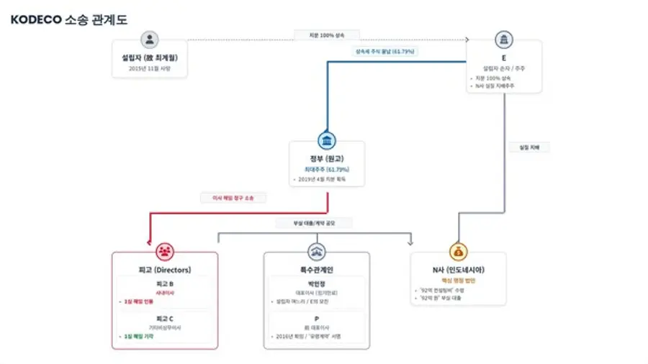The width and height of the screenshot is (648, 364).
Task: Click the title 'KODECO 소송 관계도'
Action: [x=69, y=20]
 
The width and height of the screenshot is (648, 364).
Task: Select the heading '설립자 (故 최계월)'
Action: [x=150, y=58]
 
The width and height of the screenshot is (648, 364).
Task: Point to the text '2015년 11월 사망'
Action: [x=150, y=69]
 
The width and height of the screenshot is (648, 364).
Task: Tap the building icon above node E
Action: [x=504, y=40]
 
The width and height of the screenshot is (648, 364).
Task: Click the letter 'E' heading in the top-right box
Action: [x=504, y=58]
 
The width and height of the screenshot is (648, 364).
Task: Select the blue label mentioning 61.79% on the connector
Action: [x=385, y=52]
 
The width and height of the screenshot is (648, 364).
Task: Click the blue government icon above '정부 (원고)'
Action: [x=328, y=140]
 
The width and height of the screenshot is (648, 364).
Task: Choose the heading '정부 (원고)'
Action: [x=328, y=158]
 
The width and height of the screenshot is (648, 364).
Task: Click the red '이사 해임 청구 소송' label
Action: [x=233, y=197]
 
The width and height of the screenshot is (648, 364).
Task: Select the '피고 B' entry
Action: [x=165, y=283]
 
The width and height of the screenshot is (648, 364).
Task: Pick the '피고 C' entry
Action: [x=165, y=318]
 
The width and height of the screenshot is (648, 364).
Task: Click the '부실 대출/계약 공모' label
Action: [x=314, y=223]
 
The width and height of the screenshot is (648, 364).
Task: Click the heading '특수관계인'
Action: [x=317, y=269]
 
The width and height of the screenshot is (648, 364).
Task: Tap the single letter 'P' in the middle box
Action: [x=317, y=318]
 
